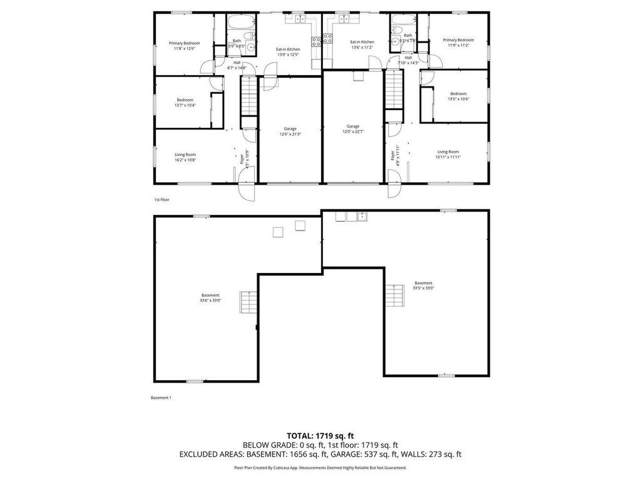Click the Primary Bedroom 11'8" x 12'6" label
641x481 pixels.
coord(184,46)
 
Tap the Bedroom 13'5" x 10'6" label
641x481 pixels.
coord(458,96)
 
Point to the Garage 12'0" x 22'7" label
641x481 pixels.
coord(352,129)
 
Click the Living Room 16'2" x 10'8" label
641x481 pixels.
coord(185,157)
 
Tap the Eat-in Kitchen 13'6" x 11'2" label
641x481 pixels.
coord(362,44)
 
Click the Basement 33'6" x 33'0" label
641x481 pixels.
coord(210,297)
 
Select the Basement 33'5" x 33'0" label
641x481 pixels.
coord(423,286)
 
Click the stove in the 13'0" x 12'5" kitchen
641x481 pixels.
coord(316,43)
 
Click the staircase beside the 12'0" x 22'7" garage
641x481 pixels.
coord(393,89)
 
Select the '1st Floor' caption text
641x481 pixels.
coord(162,200)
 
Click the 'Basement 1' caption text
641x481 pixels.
coord(161,398)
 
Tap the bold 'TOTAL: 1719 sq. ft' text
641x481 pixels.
coord(320,435)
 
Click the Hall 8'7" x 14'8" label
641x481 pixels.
coord(237,65)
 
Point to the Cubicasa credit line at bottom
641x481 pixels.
coord(320,467)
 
